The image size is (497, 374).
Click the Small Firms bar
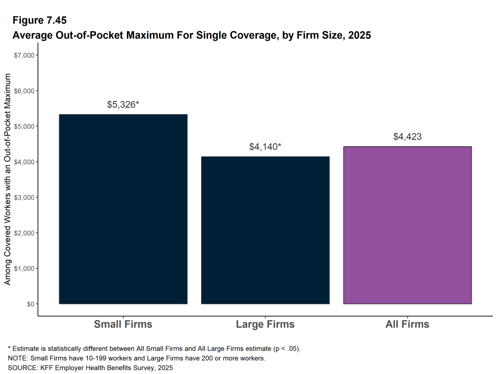pyautogui.click(x=123, y=209)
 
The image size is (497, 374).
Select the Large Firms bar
pyautogui.click(x=265, y=230)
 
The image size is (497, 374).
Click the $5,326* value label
pyautogui.click(x=123, y=104)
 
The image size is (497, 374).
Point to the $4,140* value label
pyautogui.click(x=265, y=146)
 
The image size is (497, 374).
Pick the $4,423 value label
pyautogui.click(x=407, y=136)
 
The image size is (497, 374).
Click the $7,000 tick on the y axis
pyautogui.click(x=24, y=55)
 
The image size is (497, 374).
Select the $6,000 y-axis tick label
pyautogui.click(x=24, y=91)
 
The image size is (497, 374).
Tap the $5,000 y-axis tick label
pyautogui.click(x=24, y=126)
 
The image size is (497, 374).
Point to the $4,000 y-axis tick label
pyautogui.click(x=24, y=162)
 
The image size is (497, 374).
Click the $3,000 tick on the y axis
pyautogui.click(x=24, y=197)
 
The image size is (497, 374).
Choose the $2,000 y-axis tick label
pyautogui.click(x=24, y=233)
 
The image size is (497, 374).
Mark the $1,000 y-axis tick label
pyautogui.click(x=24, y=268)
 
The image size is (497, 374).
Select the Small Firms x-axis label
pyautogui.click(x=123, y=324)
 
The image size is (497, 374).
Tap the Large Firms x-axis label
pyautogui.click(x=265, y=324)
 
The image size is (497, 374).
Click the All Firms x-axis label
pyautogui.click(x=407, y=324)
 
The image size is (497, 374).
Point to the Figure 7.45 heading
pyautogui.click(x=39, y=20)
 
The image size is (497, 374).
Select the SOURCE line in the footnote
pyautogui.click(x=90, y=368)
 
